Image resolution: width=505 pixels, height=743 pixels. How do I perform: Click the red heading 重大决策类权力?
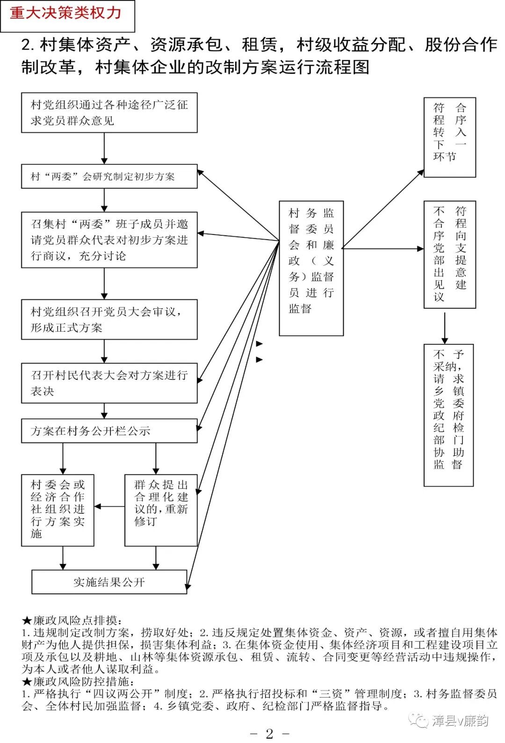click(x=66, y=13)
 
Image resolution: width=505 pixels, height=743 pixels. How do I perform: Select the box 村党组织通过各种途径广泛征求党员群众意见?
click(x=109, y=113)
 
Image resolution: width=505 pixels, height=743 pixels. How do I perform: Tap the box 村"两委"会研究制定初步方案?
click(x=109, y=176)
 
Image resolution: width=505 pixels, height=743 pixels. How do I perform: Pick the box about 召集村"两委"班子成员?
click(x=109, y=240)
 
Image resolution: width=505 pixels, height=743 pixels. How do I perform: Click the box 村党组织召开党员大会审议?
click(x=109, y=320)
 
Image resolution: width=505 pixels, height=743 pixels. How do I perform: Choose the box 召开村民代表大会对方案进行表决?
click(x=109, y=383)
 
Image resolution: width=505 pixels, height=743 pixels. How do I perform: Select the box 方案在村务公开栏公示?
click(x=109, y=431)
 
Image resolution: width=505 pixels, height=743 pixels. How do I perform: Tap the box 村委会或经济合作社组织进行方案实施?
click(x=58, y=510)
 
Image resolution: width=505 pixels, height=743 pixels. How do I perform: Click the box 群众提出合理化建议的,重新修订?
click(x=161, y=510)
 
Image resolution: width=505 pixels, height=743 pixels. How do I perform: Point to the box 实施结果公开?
click(x=109, y=582)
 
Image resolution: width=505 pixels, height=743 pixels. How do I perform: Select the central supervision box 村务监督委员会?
click(x=311, y=268)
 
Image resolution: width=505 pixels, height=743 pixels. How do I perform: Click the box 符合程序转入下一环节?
click(x=449, y=137)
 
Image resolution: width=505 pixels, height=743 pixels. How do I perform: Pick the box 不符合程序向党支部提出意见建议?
click(x=449, y=255)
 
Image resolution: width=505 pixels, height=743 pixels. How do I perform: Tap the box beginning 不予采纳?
click(x=448, y=415)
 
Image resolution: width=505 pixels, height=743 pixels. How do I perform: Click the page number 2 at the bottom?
click(x=269, y=734)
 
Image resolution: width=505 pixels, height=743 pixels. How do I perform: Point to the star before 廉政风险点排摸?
click(x=27, y=621)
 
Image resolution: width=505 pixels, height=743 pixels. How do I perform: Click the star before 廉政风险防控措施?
click(x=27, y=682)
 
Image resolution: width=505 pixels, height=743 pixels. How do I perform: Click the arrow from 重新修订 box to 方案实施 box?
click(x=109, y=507)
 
